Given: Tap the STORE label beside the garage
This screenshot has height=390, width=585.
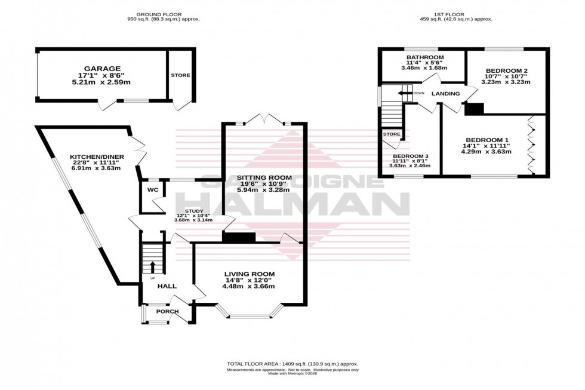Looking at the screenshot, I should tap(180, 76).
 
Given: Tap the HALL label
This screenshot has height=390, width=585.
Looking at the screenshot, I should tap(167, 287).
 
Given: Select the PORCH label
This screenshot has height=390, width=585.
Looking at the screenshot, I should tap(167, 312).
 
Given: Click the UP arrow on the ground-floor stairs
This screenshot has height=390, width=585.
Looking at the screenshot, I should tap(152, 266).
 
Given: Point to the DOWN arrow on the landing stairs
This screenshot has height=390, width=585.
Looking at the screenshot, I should tap(408, 93).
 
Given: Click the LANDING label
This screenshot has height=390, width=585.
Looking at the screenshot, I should tap(445, 94).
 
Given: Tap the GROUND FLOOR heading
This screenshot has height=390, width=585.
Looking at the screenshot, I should tap(159, 14).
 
